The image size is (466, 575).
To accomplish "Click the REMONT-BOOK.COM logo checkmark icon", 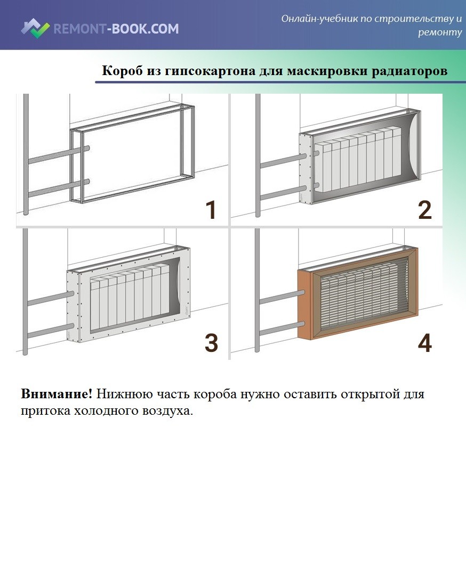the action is pos(35,28).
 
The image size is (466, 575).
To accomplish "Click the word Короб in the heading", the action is pos(122,70).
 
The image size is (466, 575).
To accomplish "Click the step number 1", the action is pos(211,210).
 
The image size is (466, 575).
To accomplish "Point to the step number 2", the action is pos(425,210).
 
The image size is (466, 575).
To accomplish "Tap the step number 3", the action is pos(211,343).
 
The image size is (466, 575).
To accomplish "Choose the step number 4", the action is pos(425,343).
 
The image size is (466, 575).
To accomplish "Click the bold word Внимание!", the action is pos(57,394).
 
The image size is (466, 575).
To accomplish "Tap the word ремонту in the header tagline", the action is pos(440,32).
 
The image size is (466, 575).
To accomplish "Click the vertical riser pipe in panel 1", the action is pos(26,154).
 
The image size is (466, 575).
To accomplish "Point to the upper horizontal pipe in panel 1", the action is pos(58,154).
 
